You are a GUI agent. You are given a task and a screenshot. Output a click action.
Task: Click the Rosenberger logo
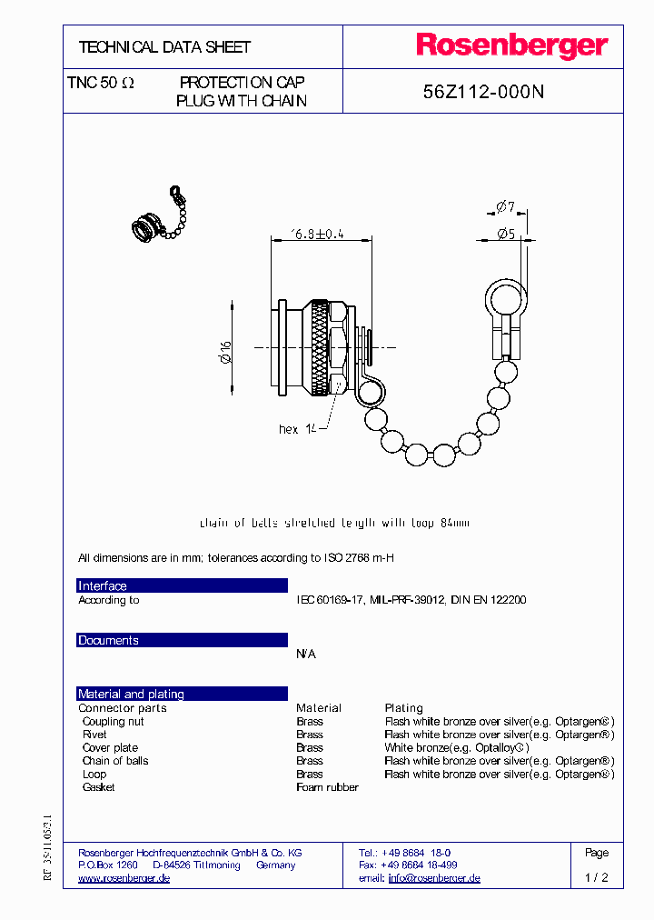[x=511, y=45]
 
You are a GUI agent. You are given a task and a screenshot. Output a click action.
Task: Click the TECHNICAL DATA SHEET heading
[x=164, y=46]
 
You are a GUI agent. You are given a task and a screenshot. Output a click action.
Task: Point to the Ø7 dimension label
[x=506, y=208]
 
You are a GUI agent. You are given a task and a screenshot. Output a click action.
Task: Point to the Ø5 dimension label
[x=506, y=234]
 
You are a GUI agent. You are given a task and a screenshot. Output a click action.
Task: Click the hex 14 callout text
[x=297, y=429]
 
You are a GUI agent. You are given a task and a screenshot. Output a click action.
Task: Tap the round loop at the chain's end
[x=503, y=297]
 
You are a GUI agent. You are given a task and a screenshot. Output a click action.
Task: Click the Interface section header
[x=103, y=586]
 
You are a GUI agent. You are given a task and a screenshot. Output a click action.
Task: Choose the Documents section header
[x=108, y=641]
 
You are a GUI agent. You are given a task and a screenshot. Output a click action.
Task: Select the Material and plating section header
[x=131, y=695]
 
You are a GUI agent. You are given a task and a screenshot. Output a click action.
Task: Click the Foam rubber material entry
[x=327, y=787]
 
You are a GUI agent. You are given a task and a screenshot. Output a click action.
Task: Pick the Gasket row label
[x=98, y=787]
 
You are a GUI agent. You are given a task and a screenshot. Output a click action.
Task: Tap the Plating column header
[x=403, y=708]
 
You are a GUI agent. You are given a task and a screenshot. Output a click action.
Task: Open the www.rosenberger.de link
[x=124, y=878]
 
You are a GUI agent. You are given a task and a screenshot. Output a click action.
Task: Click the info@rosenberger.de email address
[x=433, y=878]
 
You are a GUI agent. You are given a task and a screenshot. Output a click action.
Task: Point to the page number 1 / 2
[x=596, y=878]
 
